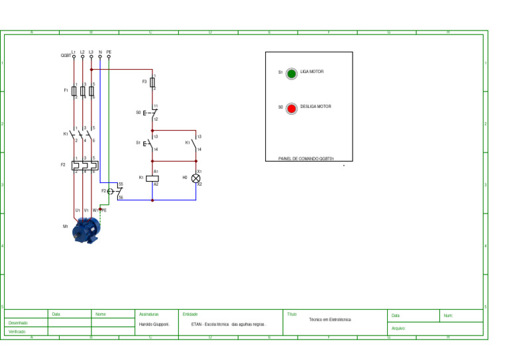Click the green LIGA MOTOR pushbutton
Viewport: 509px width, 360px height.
pyautogui.click(x=291, y=73)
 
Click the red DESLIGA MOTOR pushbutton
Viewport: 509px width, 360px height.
pyautogui.click(x=291, y=108)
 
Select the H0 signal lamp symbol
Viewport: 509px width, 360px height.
pyautogui.click(x=196, y=178)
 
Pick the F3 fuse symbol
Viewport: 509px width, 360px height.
pyautogui.click(x=152, y=82)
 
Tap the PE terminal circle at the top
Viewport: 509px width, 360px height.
pyautogui.click(x=109, y=57)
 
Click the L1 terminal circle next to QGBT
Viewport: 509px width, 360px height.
pyautogui.click(x=74, y=57)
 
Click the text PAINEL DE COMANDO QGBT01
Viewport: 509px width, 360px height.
pyautogui.click(x=306, y=159)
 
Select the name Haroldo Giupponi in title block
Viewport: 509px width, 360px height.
pyautogui.click(x=154, y=325)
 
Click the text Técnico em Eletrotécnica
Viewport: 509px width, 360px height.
pyautogui.click(x=330, y=320)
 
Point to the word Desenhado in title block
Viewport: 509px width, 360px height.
pyautogui.click(x=18, y=323)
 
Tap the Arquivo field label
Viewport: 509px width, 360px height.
pyautogui.click(x=398, y=328)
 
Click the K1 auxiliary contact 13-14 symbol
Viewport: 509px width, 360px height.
pyautogui.click(x=196, y=143)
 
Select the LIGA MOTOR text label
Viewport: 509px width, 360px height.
pyautogui.click(x=311, y=71)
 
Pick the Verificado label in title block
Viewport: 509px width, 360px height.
pyautogui.click(x=17, y=331)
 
